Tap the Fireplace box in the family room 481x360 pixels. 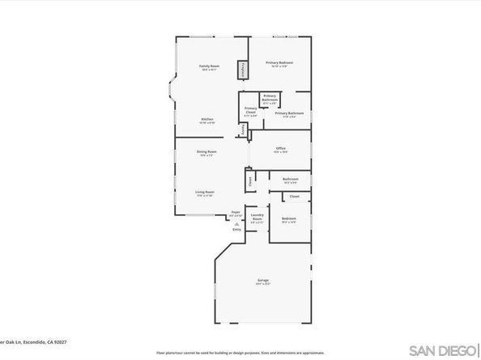241,71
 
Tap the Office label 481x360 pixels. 281,149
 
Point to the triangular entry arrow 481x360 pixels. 237,224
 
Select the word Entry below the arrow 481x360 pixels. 237,230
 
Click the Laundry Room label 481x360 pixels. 257,218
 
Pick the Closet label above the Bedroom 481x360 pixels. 294,196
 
